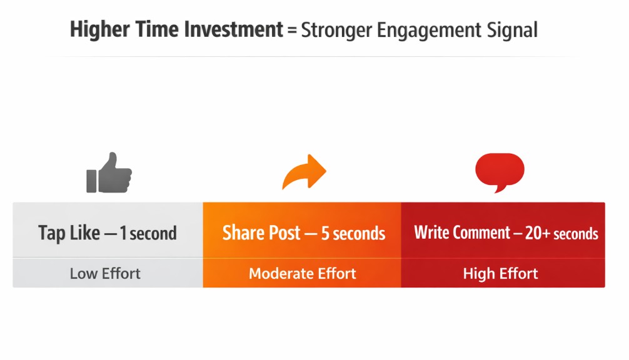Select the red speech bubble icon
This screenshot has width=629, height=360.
pyautogui.click(x=500, y=171)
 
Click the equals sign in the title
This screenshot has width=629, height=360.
pyautogui.click(x=292, y=30)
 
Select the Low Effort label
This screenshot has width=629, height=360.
pyautogui.click(x=105, y=274)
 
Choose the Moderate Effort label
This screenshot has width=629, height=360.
pyautogui.click(x=303, y=274)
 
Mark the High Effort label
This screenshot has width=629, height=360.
pyautogui.click(x=500, y=274)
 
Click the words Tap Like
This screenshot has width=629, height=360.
pyautogui.click(x=69, y=234)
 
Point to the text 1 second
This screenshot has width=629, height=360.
pyautogui.click(x=148, y=234)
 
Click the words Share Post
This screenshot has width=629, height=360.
pyautogui.click(x=261, y=233)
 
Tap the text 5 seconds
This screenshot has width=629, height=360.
pyautogui.click(x=353, y=234)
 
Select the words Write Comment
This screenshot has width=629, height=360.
pyautogui.click(x=462, y=233)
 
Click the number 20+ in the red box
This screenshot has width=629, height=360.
pyautogui.click(x=537, y=233)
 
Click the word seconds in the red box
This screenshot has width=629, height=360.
pyautogui.click(x=576, y=234)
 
